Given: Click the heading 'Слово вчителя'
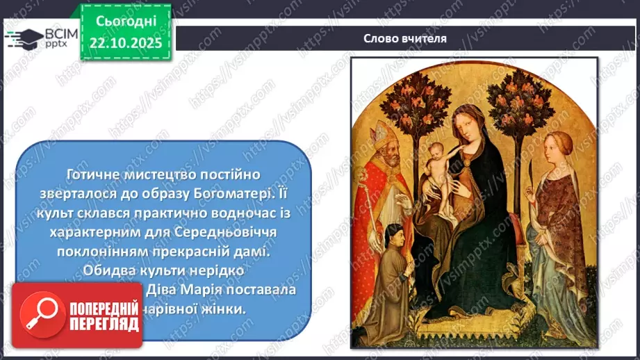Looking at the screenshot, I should (x=404, y=38).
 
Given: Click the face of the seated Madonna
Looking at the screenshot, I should (x=466, y=124).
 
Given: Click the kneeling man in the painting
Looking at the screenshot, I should (x=393, y=271).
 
